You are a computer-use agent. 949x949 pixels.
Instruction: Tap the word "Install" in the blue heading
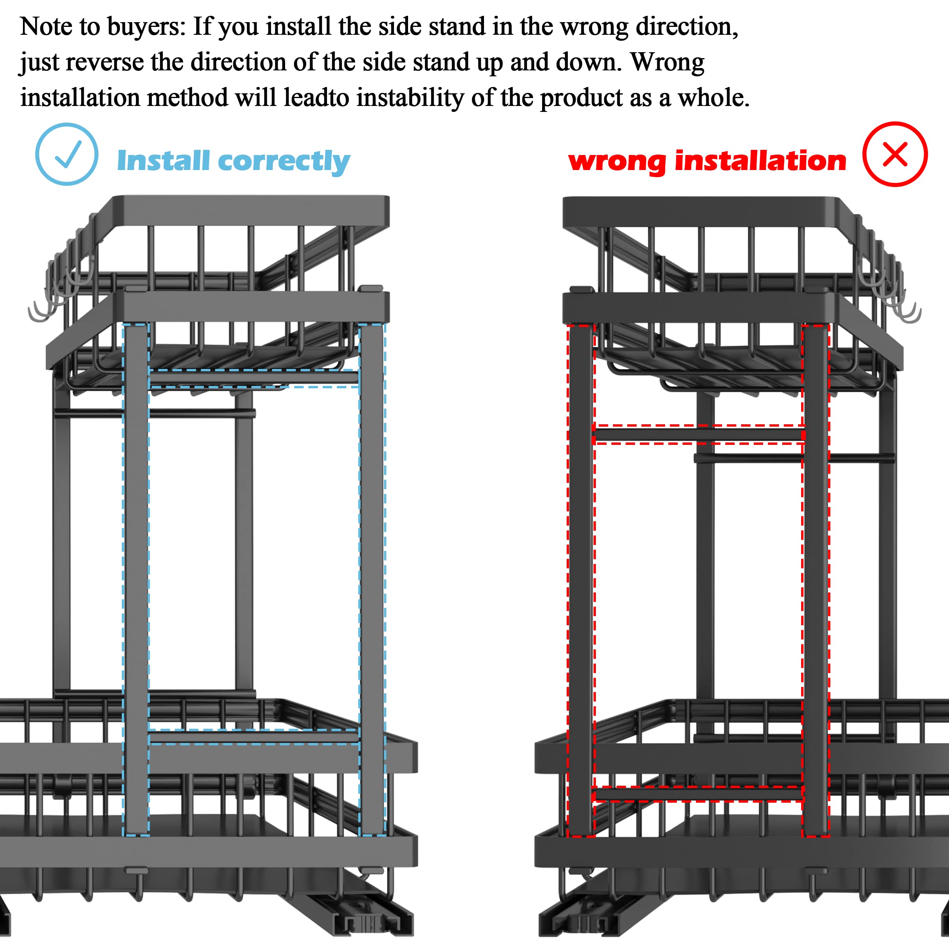tap(164, 161)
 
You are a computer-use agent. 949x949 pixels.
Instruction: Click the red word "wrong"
tap(617, 162)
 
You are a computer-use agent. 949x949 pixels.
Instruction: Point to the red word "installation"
tap(760, 161)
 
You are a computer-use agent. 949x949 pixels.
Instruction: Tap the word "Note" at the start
tap(46, 26)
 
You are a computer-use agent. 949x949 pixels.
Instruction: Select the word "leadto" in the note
tap(316, 97)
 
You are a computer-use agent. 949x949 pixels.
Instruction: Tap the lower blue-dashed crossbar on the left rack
tap(254, 737)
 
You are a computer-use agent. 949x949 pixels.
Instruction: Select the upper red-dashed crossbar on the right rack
tap(699, 435)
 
